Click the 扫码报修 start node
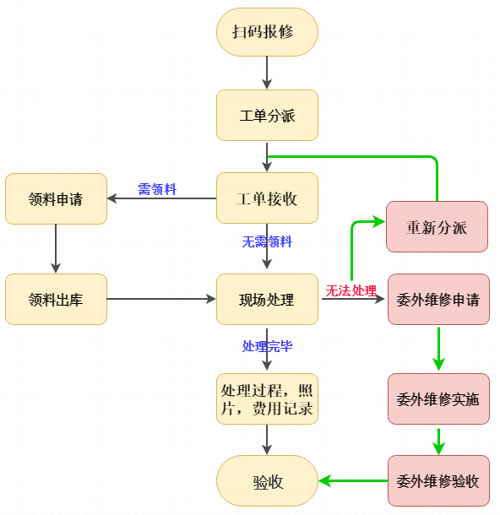pyautogui.click(x=267, y=32)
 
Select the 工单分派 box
pyautogui.click(x=267, y=115)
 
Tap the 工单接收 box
pyautogui.click(x=267, y=198)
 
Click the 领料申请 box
pyautogui.click(x=56, y=198)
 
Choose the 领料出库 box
pyautogui.click(x=56, y=299)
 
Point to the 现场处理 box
pyautogui.click(x=267, y=299)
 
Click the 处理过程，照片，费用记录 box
pyautogui.click(x=267, y=398)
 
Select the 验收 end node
pyautogui.click(x=267, y=481)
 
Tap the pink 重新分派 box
pyautogui.click(x=437, y=227)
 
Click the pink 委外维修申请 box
pyautogui.click(x=437, y=299)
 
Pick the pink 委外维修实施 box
pyautogui.click(x=437, y=398)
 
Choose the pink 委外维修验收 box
pyautogui.click(x=437, y=481)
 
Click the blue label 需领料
pyautogui.click(x=157, y=189)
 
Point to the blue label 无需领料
pyautogui.click(x=267, y=241)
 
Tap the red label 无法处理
pyautogui.click(x=351, y=290)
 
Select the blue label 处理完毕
pyautogui.click(x=267, y=346)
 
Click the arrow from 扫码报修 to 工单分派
pyautogui.click(x=267, y=73)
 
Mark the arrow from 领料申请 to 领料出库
pyautogui.click(x=56, y=248)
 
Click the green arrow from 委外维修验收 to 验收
pyautogui.click(x=353, y=481)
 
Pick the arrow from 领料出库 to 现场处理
pyautogui.click(x=160, y=299)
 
